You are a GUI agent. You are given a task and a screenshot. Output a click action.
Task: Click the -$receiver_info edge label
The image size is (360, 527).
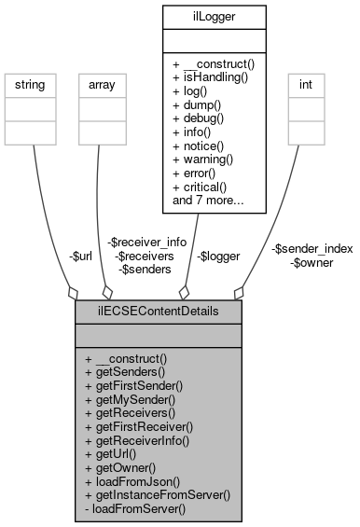[146, 242]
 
